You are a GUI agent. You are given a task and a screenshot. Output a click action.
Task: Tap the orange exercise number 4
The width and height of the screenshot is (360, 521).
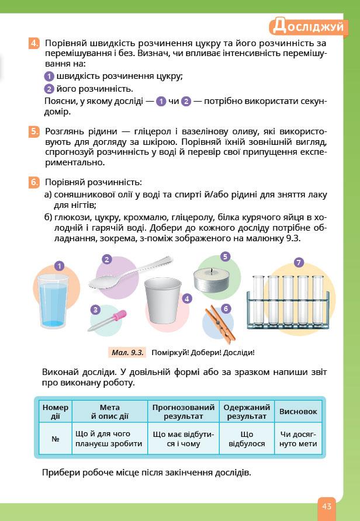[34, 43]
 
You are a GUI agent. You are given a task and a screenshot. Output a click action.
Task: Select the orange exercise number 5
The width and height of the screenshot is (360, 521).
[34, 131]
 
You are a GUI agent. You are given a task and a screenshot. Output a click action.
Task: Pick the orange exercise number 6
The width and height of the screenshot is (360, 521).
[34, 182]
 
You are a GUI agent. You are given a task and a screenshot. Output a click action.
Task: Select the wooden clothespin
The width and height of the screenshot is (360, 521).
[219, 322]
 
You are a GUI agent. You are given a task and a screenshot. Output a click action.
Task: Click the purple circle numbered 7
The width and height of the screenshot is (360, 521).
[299, 263]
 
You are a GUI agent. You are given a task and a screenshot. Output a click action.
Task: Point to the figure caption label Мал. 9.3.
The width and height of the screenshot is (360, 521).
[126, 353]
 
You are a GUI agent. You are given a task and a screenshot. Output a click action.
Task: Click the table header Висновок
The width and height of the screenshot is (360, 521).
[298, 411]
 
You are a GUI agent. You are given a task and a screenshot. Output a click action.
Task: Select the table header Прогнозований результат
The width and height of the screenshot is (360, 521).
[184, 411]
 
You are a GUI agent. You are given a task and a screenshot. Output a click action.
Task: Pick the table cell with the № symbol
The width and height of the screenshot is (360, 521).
[55, 439]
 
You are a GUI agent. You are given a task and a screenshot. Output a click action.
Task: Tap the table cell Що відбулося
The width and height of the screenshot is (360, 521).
[247, 439]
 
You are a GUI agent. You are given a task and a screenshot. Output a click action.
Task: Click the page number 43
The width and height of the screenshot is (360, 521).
[326, 505]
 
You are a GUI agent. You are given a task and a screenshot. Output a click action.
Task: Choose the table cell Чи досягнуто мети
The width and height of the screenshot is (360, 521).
[298, 439]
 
